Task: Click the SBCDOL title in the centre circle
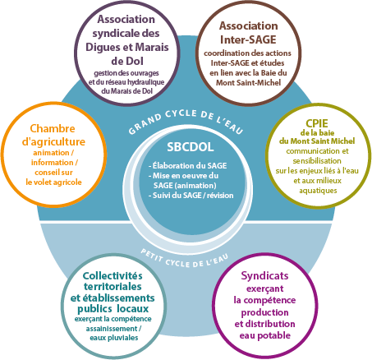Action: pyautogui.click(x=191, y=147)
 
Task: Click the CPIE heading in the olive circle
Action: pyautogui.click(x=317, y=123)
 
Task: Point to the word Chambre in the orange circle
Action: pyautogui.click(x=53, y=128)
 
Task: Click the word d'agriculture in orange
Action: pyautogui.click(x=53, y=142)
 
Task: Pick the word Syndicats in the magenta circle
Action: pyautogui.click(x=264, y=275)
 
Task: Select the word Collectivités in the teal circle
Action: pyautogui.click(x=113, y=275)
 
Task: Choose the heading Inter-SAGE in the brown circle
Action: pyautogui.click(x=248, y=39)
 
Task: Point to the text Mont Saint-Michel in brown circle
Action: pyautogui.click(x=249, y=82)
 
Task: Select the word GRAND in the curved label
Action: pyautogui.click(x=145, y=124)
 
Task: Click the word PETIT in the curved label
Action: pyautogui.click(x=152, y=255)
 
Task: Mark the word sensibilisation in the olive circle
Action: pyautogui.click(x=317, y=161)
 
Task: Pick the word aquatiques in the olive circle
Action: pyautogui.click(x=318, y=191)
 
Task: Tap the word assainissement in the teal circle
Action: pyautogui.click(x=112, y=328)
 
